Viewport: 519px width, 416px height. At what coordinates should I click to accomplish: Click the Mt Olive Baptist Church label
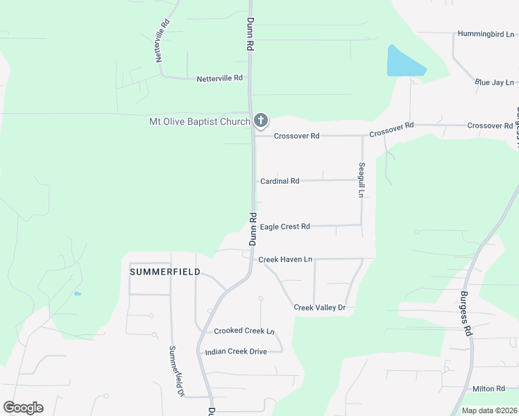[x=200, y=122]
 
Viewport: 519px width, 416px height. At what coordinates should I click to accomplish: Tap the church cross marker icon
[x=261, y=121]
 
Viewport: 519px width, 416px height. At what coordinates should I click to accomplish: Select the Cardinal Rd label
[x=280, y=181]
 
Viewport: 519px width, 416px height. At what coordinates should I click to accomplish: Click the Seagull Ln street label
[x=361, y=180]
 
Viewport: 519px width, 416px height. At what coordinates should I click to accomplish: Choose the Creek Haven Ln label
[x=285, y=259]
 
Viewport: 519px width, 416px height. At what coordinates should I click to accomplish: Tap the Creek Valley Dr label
[x=319, y=307]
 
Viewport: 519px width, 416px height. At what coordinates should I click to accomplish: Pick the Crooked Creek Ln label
[x=244, y=331]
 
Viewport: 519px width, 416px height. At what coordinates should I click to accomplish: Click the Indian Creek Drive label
[x=236, y=352]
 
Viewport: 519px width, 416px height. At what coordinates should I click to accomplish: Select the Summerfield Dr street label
[x=176, y=371]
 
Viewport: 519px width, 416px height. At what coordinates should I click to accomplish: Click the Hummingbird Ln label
[x=486, y=33]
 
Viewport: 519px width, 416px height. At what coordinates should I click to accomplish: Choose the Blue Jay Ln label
[x=494, y=83]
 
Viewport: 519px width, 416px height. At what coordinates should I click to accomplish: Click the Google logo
[x=23, y=408]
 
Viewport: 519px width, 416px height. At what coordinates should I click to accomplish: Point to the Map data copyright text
[x=489, y=410]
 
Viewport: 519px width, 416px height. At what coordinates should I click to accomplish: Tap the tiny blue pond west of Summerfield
[x=78, y=294]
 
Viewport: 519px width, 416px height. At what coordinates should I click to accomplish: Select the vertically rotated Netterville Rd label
[x=164, y=41]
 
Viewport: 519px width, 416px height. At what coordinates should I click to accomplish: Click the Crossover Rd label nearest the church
[x=296, y=136]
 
